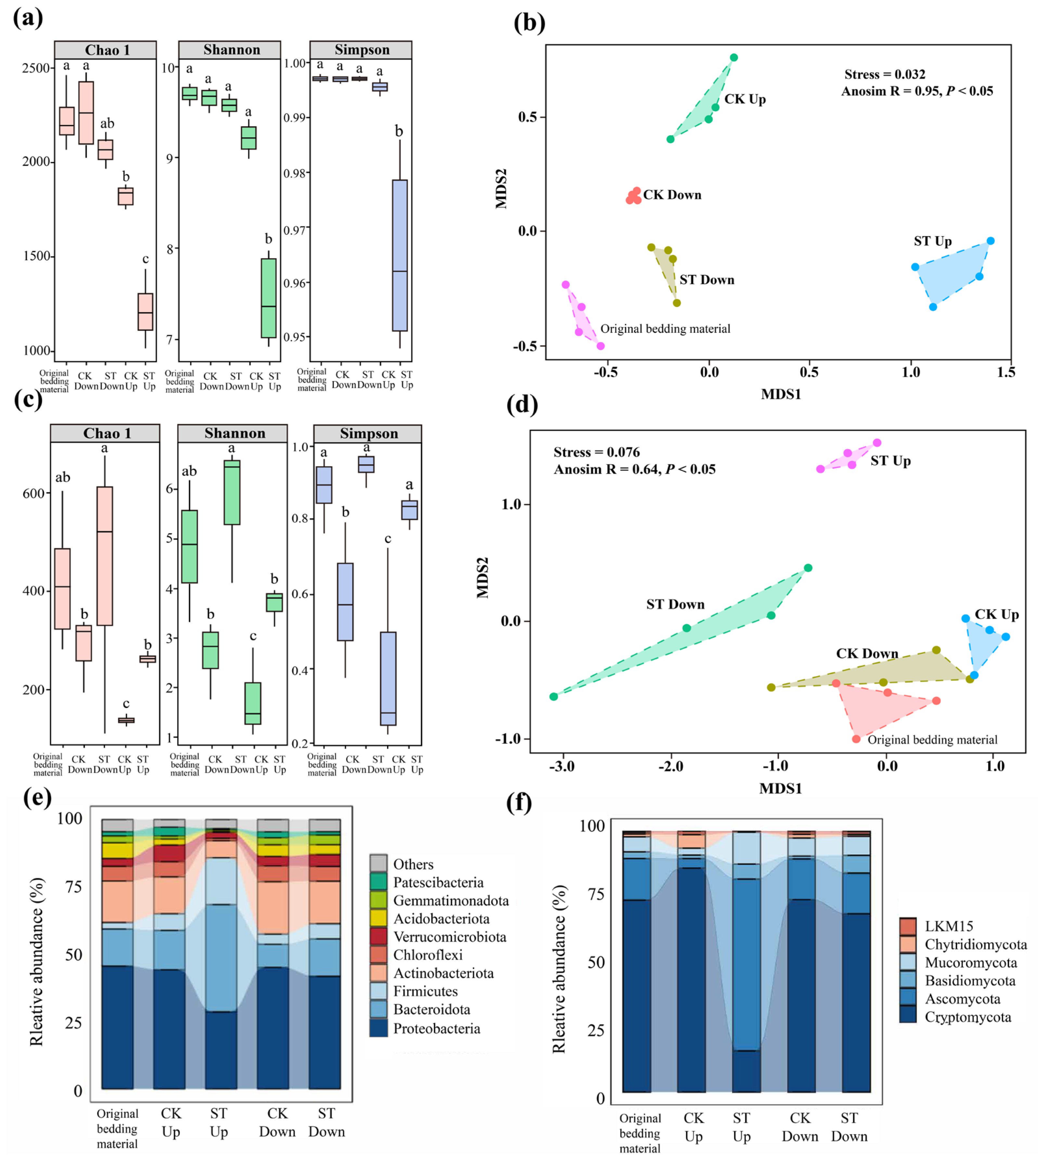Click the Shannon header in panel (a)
point(232,50)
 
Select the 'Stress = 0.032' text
point(885,74)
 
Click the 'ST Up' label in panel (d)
point(890,461)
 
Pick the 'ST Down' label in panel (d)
point(675,604)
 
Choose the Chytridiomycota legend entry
point(975,944)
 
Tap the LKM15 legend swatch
point(907,926)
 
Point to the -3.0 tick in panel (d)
point(562,766)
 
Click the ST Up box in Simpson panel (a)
point(400,255)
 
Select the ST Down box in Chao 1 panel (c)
point(104,556)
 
